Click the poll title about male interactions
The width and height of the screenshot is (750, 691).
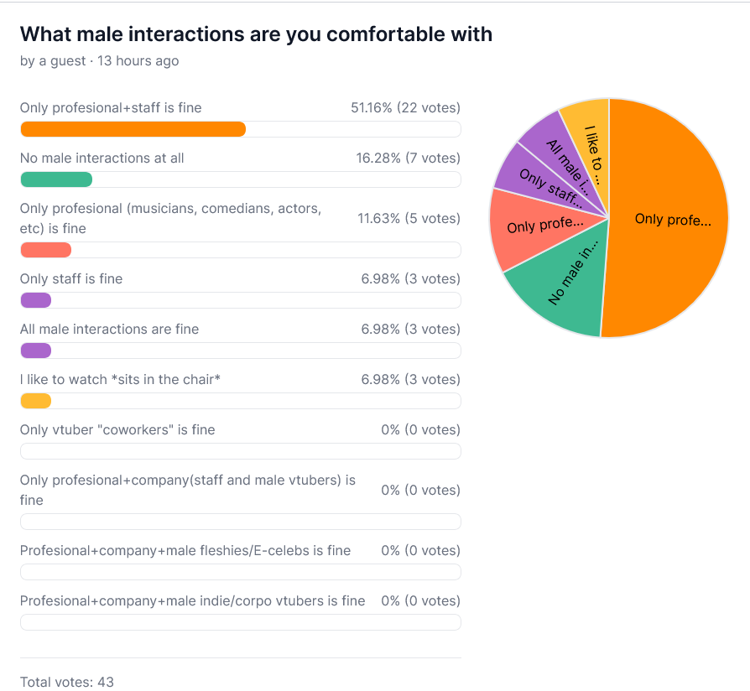point(256,34)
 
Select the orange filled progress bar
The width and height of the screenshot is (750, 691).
point(133,129)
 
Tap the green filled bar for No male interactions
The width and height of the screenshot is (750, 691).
point(55,179)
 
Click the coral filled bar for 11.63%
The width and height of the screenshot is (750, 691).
point(45,250)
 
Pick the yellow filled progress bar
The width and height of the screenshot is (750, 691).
point(36,401)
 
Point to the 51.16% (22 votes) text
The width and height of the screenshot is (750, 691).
point(405,108)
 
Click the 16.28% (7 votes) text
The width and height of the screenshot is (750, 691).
point(408,158)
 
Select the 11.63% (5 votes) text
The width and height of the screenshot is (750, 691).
point(408,219)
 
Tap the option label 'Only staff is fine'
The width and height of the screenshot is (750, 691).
point(71,279)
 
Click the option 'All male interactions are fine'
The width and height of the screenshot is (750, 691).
point(109,330)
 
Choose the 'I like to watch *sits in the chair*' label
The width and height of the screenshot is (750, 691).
point(120,380)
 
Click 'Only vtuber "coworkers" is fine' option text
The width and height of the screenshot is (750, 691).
point(117,430)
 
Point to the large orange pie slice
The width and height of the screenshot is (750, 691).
point(671,220)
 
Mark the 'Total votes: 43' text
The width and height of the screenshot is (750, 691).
point(67,682)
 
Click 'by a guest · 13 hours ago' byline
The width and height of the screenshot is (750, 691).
point(99,61)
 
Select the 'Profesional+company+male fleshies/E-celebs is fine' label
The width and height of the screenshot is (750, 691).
point(185,551)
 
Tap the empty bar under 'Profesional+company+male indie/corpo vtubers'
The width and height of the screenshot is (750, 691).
point(240,622)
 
